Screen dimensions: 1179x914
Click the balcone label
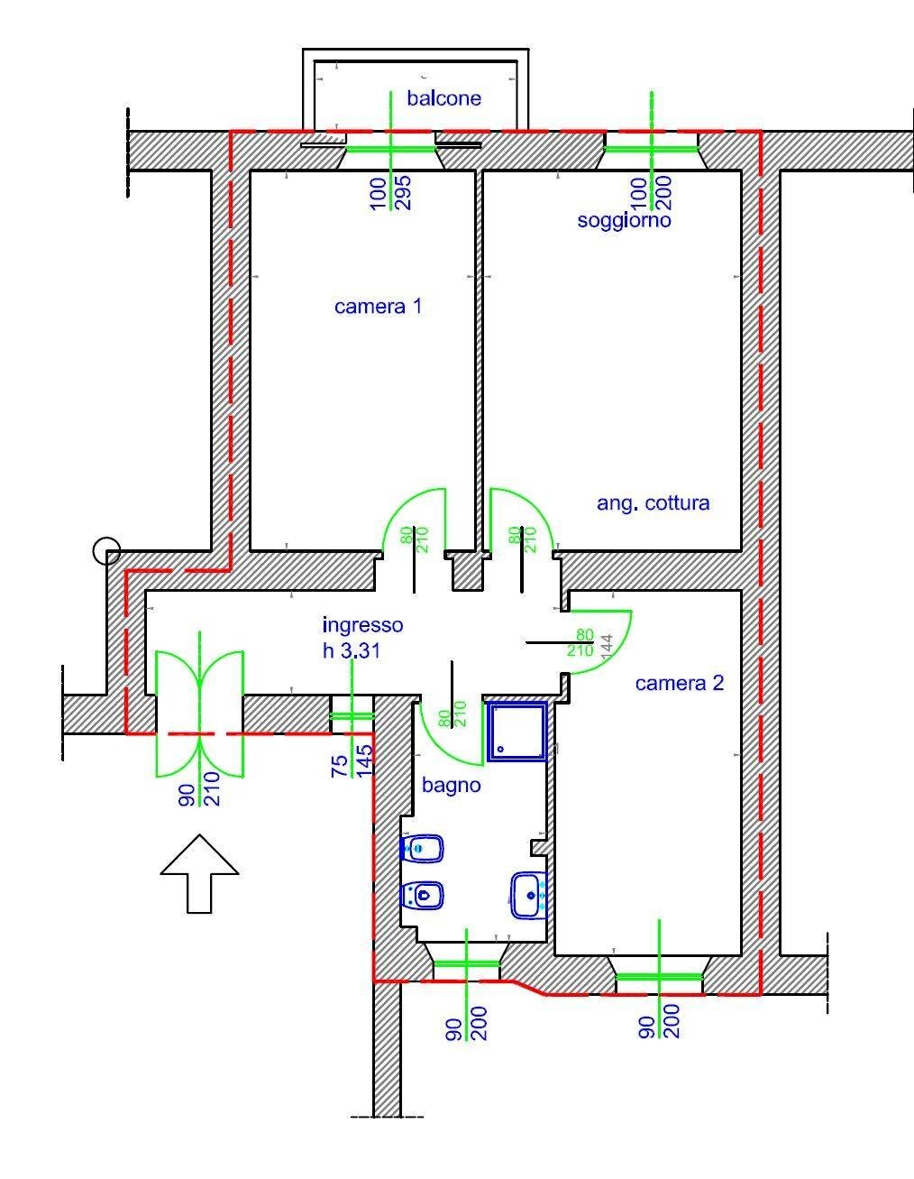pyautogui.click(x=443, y=98)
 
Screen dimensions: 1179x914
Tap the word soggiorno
pyautogui.click(x=624, y=220)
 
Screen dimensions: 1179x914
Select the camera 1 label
pyautogui.click(x=378, y=307)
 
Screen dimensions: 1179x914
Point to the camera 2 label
pyautogui.click(x=679, y=683)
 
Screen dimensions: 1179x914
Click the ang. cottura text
pyautogui.click(x=653, y=503)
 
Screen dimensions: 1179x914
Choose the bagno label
pyautogui.click(x=451, y=786)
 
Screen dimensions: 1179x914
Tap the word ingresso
pyautogui.click(x=362, y=625)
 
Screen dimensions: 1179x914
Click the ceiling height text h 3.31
pyautogui.click(x=352, y=650)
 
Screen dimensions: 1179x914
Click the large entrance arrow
pyautogui.click(x=199, y=872)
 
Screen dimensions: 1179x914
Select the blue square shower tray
pyautogui.click(x=517, y=732)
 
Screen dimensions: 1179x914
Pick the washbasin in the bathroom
pyautogui.click(x=527, y=895)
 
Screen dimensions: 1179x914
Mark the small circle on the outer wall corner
pyautogui.click(x=106, y=550)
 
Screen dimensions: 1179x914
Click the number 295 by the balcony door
pyautogui.click(x=403, y=193)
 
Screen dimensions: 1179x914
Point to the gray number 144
pyautogui.click(x=607, y=644)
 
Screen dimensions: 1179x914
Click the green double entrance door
pyautogui.click(x=199, y=702)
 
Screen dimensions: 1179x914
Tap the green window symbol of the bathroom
pyautogui.click(x=466, y=963)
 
